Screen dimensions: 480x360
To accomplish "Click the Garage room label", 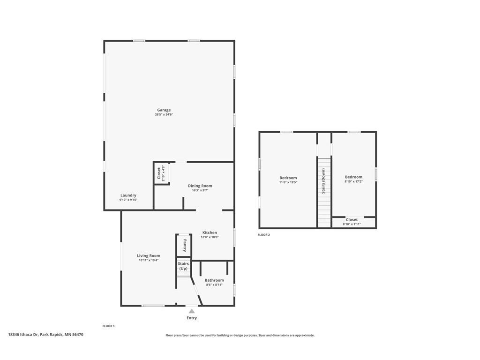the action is tap(164, 110).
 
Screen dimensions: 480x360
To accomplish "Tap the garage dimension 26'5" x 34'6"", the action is tap(164, 114).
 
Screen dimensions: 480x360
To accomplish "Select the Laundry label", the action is tap(128, 195).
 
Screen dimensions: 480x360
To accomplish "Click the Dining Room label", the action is tap(200, 186).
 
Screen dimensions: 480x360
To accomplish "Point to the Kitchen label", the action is tap(210, 232).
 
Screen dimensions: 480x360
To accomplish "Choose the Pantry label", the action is tap(184, 245).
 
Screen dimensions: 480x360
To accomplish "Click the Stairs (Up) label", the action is tap(183, 266).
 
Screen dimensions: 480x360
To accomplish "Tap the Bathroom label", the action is tap(214, 280).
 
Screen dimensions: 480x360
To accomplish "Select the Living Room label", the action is tap(149, 255).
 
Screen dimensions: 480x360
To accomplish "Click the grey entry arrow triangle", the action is tap(192, 311).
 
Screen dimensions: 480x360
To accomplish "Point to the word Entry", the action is tap(192, 318).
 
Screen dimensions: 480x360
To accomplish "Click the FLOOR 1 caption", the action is tap(108, 326).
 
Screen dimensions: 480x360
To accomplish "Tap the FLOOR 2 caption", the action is tap(263, 235).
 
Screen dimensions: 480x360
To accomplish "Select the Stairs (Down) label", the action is tap(323, 181).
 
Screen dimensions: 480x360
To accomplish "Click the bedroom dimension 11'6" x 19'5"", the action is tap(288, 182).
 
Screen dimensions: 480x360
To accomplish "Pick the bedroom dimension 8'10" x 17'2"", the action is tap(353, 181).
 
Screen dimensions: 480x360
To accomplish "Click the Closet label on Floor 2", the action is tap(352, 219).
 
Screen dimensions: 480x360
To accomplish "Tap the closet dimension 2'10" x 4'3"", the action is tap(164, 173).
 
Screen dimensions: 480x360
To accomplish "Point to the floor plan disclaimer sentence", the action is tap(240, 336).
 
